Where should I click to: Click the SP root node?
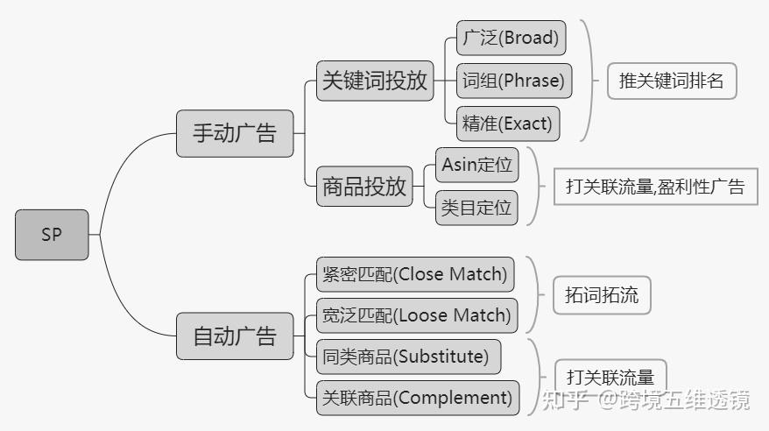pyautogui.click(x=52, y=235)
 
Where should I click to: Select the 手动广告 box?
pyautogui.click(x=235, y=133)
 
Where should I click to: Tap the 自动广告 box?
pyautogui.click(x=235, y=336)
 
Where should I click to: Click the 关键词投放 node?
pyautogui.click(x=375, y=81)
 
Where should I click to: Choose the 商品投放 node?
pyautogui.click(x=364, y=187)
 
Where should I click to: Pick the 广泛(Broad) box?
pyautogui.click(x=511, y=38)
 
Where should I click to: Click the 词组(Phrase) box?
pyautogui.click(x=514, y=81)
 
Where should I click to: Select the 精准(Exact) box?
pyautogui.click(x=508, y=124)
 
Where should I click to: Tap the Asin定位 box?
pyautogui.click(x=477, y=165)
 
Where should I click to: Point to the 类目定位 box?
pyautogui.click(x=476, y=208)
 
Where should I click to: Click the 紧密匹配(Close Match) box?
pyautogui.click(x=415, y=274)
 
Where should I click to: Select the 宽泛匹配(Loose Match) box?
pyautogui.click(x=417, y=315)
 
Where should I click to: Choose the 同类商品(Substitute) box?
pyautogui.click(x=408, y=357)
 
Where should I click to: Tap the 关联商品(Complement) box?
pyautogui.click(x=418, y=398)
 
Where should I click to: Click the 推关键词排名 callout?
pyautogui.click(x=672, y=81)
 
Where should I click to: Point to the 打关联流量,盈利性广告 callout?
pyautogui.click(x=656, y=187)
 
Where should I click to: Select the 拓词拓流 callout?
pyautogui.click(x=602, y=295)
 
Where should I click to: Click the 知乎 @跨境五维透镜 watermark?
pyautogui.click(x=646, y=399)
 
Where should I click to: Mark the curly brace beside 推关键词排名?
pyautogui.click(x=591, y=81)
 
